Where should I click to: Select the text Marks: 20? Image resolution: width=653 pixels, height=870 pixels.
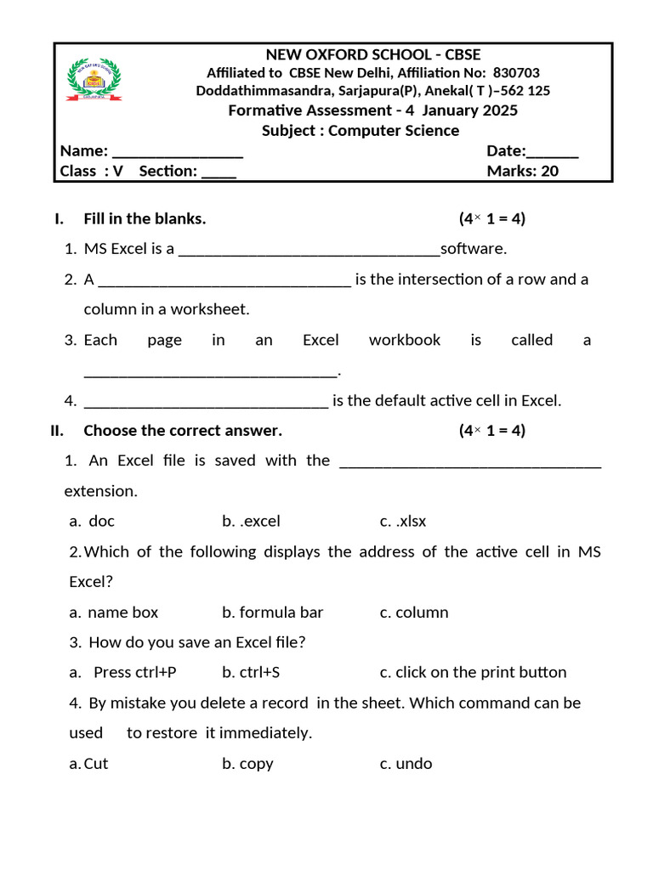522,171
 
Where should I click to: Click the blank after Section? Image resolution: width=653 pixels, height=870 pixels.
219,172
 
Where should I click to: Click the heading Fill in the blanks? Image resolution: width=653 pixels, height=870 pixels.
145,219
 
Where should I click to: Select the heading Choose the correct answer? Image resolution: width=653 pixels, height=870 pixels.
183,431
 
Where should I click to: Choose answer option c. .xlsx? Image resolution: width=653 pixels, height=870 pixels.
403,522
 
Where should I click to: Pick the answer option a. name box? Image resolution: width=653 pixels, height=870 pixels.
114,613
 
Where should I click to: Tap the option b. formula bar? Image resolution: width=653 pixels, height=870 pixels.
273,613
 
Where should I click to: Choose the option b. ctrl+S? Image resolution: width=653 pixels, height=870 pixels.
251,673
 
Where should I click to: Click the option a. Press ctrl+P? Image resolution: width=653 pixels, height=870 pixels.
123,673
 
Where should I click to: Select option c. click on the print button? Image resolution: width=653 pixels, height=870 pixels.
473,673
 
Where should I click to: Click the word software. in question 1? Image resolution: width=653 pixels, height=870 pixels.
473,249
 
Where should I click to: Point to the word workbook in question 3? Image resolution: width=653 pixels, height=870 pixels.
405,340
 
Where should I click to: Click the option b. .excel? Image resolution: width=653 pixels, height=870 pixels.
251,522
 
